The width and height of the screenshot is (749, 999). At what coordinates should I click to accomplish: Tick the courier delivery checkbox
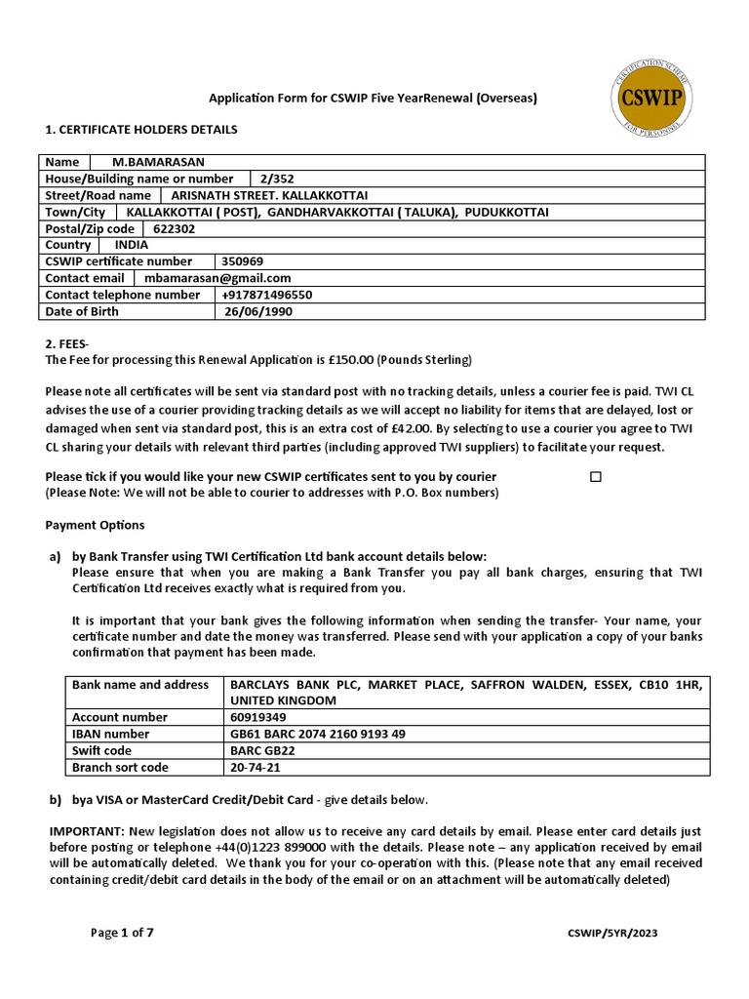pos(596,477)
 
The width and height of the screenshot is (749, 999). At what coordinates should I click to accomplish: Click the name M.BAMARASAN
pos(159,162)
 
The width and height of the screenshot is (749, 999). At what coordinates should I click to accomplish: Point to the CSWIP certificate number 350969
pos(242,261)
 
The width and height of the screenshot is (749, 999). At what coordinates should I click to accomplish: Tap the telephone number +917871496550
pos(267,295)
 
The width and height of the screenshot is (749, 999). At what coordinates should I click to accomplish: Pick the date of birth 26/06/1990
pos(257,311)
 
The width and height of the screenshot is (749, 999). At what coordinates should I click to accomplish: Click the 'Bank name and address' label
pos(140,685)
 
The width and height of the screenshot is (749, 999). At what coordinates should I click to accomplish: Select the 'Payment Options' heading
pos(95,525)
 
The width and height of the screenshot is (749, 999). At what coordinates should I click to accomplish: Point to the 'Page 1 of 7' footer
pos(122,933)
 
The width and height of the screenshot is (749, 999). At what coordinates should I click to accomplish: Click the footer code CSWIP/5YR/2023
pos(612,934)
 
